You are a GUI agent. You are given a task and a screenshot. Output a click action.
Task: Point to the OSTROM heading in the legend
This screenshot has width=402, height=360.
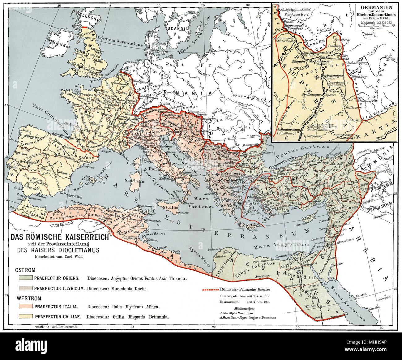(x=25, y=270)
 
